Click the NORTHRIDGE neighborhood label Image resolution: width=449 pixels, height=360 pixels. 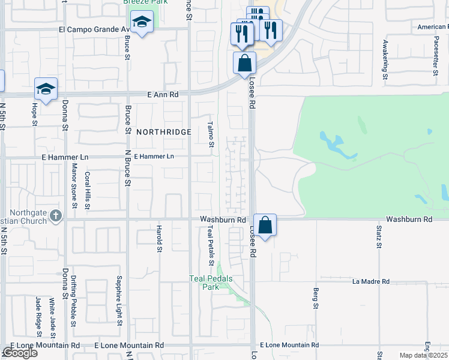(x=163, y=132)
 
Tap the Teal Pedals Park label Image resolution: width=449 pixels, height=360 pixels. (x=211, y=283)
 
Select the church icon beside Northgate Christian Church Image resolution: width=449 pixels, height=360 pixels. (x=55, y=215)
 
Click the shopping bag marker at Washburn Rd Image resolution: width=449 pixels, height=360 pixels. (x=265, y=226)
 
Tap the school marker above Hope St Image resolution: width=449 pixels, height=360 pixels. (x=46, y=89)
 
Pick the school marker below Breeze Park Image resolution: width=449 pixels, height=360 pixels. (x=142, y=23)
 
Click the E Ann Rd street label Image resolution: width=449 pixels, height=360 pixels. (x=163, y=94)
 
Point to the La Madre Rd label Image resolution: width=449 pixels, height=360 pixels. (x=371, y=281)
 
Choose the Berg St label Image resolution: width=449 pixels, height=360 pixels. (x=315, y=298)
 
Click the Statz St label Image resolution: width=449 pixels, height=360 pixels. (x=379, y=236)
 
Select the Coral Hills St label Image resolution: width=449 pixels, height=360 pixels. (x=87, y=190)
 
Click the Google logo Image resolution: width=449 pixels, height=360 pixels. (x=20, y=353)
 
